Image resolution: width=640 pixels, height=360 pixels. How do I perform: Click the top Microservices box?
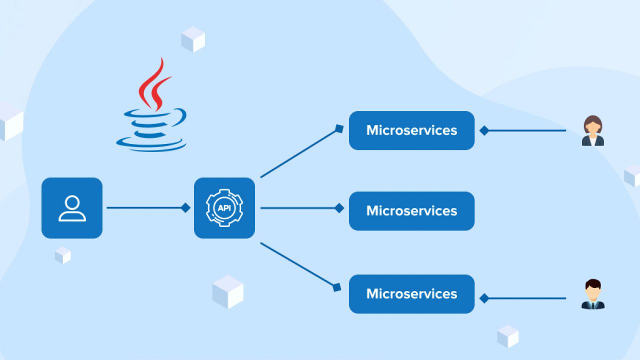[x=411, y=130]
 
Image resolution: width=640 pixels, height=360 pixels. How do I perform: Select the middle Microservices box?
[x=411, y=210]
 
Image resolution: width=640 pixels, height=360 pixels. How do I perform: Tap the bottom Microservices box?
[x=411, y=293]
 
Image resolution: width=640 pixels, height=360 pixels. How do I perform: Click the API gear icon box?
[x=224, y=207]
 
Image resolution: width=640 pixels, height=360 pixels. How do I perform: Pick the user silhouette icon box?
[x=72, y=207]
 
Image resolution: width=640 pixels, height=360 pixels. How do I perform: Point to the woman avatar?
[x=593, y=131]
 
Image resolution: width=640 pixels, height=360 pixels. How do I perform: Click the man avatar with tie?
[x=593, y=294]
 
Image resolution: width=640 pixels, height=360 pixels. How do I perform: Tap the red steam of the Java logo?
[x=155, y=85]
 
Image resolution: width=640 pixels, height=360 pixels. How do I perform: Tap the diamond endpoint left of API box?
[x=185, y=207]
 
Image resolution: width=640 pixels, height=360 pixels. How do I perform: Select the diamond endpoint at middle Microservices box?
[x=339, y=208]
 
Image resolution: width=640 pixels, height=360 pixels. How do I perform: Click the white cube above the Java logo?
[x=193, y=39]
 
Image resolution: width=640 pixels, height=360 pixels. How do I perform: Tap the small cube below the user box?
[x=63, y=255]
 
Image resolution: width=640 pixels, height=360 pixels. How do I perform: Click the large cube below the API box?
[x=228, y=291]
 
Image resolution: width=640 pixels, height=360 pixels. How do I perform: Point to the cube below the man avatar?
[x=508, y=336]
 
